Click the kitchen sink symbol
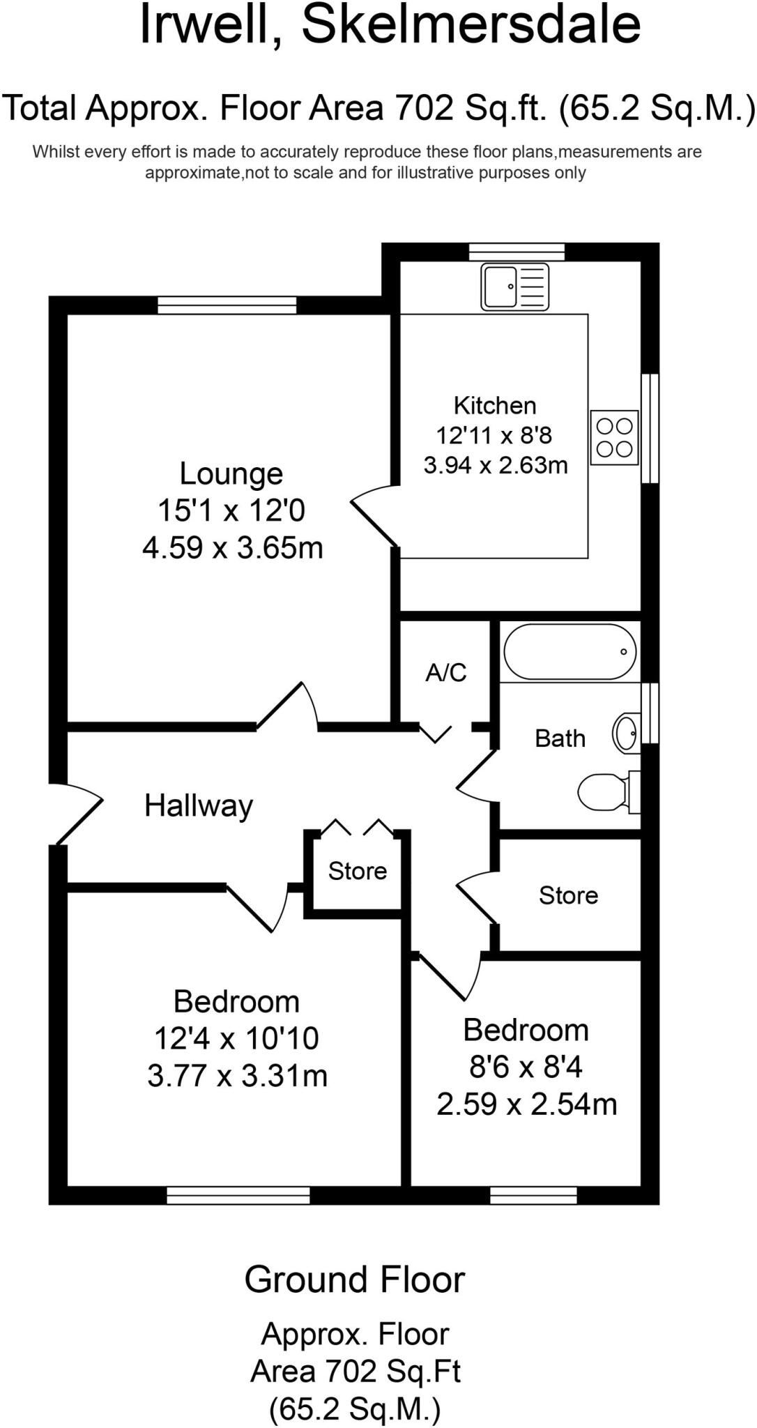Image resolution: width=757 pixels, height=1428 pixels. click(x=514, y=287)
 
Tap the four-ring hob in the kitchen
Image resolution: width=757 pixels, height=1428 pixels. click(x=614, y=437)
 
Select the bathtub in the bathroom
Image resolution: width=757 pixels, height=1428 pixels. click(x=569, y=651)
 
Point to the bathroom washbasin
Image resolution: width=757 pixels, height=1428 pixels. click(x=626, y=733)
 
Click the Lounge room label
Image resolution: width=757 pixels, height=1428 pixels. click(x=231, y=473)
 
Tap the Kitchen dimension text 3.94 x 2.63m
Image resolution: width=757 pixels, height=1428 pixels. click(x=496, y=465)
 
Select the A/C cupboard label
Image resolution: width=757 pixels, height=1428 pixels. click(x=446, y=672)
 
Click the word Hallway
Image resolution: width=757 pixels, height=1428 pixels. click(x=199, y=805)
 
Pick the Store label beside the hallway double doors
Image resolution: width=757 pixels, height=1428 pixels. click(x=358, y=871)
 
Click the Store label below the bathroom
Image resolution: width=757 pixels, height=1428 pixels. click(x=568, y=895)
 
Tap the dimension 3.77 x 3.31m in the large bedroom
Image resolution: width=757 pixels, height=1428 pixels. click(x=237, y=1075)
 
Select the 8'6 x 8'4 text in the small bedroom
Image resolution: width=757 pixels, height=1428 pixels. click(x=526, y=1067)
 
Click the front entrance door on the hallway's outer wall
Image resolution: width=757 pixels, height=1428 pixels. click(x=77, y=812)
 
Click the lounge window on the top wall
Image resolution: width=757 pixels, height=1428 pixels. click(x=227, y=305)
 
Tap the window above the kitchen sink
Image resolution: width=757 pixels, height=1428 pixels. click(x=517, y=251)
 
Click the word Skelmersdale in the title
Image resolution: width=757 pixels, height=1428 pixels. click(x=471, y=25)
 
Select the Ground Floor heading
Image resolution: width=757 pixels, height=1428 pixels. click(x=354, y=1280)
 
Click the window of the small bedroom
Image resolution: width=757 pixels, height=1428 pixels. click(x=533, y=1196)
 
